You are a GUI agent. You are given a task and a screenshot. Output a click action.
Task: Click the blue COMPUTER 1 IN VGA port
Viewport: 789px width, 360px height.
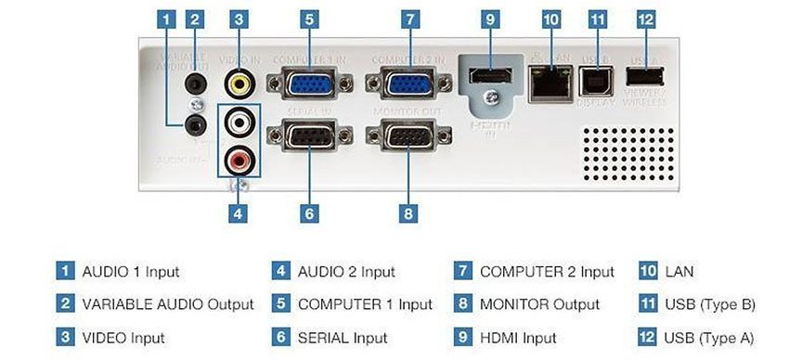(x=310, y=84)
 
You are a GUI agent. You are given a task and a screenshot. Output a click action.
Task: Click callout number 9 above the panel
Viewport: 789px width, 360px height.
(x=492, y=19)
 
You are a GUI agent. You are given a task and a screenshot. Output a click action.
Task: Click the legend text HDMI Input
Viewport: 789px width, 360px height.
(x=518, y=338)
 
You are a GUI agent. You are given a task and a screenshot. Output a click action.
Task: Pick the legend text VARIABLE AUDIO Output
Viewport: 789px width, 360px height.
(x=168, y=304)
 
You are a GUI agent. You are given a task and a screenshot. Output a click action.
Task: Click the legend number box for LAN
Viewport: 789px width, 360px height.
(x=648, y=272)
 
